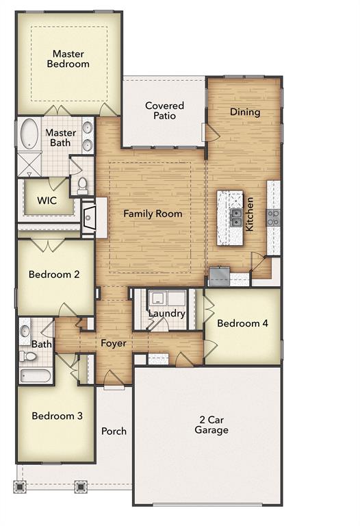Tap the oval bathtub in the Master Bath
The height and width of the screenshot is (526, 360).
29,134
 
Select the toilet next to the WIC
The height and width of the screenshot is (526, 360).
82,184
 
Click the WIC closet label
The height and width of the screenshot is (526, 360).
47,201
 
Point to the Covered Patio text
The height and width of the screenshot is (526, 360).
164,110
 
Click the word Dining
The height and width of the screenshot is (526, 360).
245,112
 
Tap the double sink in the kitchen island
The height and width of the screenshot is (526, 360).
235,218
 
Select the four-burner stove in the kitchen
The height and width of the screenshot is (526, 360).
273,218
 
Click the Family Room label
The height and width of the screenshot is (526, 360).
153,214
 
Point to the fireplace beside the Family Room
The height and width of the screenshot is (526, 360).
88,218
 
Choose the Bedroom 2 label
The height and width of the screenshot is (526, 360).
54,275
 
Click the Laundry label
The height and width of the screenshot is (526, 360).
167,314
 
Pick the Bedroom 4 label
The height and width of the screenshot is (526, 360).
242,323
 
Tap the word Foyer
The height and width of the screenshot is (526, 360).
114,343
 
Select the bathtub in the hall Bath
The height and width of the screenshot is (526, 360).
34,375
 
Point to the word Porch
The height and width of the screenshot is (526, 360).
114,431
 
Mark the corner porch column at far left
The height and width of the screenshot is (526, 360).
21,487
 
